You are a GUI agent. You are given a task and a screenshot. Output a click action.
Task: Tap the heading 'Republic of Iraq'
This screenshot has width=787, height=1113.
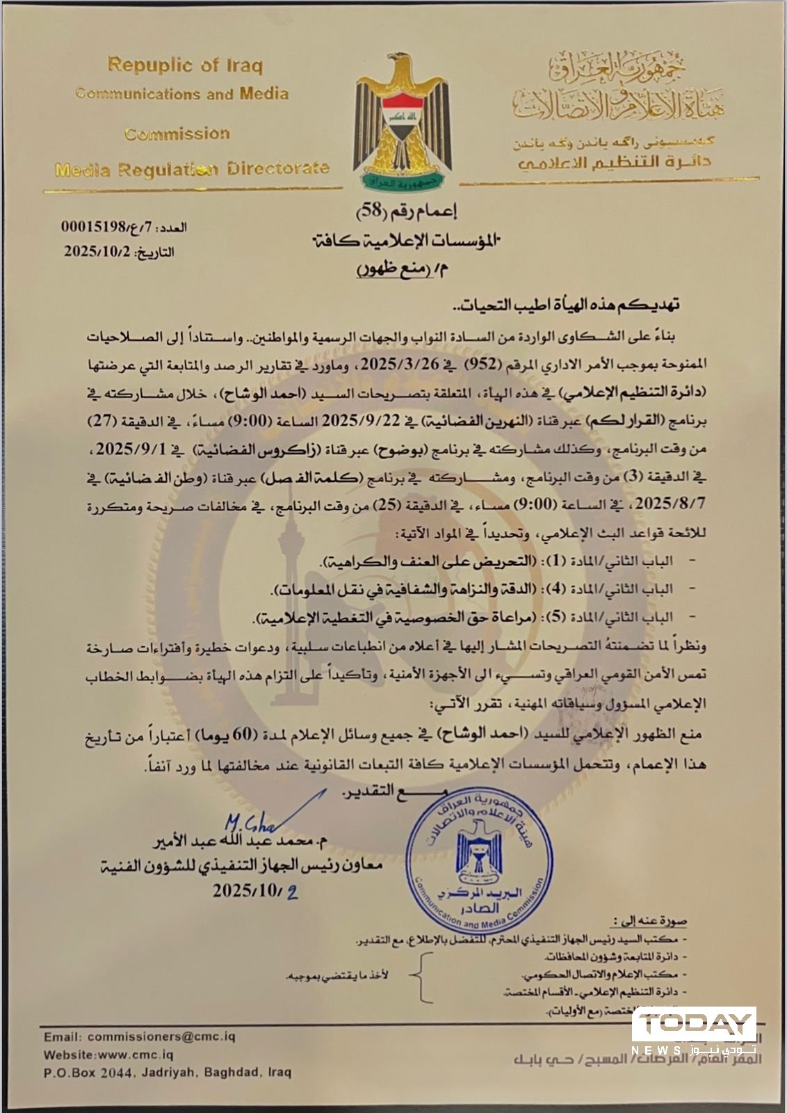pos(185,65)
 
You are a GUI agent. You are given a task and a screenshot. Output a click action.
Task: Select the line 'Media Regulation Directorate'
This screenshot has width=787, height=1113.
pos(192,168)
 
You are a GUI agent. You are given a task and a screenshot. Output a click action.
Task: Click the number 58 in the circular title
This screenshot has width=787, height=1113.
pos(371,209)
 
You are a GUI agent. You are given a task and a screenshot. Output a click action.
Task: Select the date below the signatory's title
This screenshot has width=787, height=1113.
pos(255,891)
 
